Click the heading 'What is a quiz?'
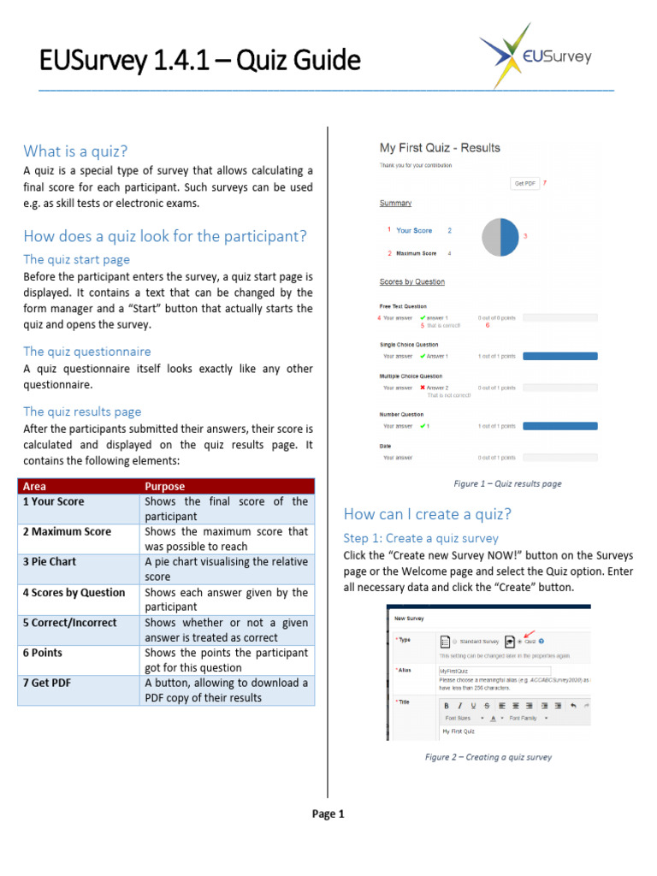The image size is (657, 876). pos(75,151)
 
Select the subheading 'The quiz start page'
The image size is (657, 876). pos(77,259)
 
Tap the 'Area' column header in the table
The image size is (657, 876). pos(35,486)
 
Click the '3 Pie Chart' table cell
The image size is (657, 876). pos(50,561)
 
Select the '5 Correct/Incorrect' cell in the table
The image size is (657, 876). pos(70,623)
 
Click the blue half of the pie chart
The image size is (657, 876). pos(510,237)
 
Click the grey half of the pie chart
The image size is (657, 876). pos(491,237)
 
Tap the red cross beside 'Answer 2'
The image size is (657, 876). pos(423,388)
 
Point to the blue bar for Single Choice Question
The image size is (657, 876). pos(559,356)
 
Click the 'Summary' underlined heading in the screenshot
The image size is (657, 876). pos(395,203)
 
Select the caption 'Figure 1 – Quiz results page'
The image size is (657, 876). pos(507,483)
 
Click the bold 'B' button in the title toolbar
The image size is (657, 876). pos(447,706)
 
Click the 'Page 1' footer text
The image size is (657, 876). pos(328,814)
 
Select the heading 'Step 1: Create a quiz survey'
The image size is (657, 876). pos(421,538)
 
